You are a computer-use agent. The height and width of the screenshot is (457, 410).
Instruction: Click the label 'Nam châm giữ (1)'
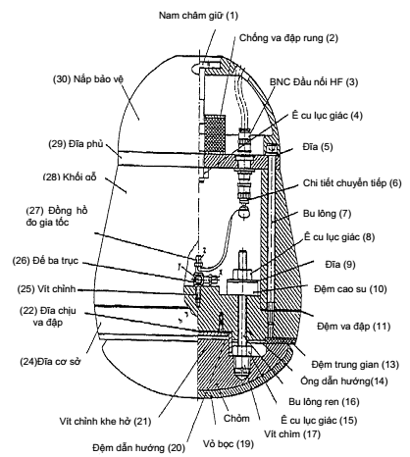click(x=198, y=16)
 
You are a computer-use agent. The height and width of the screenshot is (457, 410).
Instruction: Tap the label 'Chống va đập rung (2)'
click(x=288, y=38)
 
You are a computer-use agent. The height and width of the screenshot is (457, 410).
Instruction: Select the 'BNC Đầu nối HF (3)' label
click(x=314, y=81)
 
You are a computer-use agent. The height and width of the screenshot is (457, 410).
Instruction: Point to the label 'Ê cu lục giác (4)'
click(x=328, y=116)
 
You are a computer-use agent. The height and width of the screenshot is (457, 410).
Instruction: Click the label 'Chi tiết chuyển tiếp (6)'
click(x=352, y=183)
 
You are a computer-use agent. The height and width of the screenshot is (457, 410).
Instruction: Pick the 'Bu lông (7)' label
click(x=327, y=214)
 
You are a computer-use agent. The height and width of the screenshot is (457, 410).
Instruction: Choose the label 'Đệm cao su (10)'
click(x=350, y=289)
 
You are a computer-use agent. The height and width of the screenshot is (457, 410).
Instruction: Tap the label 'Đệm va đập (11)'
click(x=354, y=326)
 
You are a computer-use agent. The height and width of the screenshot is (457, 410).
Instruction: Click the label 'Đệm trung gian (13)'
click(x=355, y=364)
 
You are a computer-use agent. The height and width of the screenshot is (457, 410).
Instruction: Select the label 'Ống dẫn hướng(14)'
click(x=344, y=381)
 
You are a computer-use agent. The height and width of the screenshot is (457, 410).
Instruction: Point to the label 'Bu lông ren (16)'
click(x=324, y=401)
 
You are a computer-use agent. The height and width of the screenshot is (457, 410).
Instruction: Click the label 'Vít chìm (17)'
click(x=292, y=433)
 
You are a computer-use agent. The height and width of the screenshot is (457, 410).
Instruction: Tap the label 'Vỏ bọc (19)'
click(x=229, y=443)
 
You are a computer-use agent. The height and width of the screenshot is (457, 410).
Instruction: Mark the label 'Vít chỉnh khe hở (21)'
click(x=105, y=421)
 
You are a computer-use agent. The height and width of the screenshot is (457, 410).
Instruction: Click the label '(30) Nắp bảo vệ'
click(x=88, y=79)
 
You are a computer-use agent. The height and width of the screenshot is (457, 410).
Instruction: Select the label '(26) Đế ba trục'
click(x=45, y=261)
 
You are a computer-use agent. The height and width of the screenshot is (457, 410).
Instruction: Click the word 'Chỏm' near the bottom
click(x=236, y=418)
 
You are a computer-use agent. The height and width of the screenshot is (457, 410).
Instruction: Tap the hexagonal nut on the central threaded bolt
click(x=241, y=273)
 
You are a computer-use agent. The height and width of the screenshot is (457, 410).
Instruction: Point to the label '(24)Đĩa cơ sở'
click(x=50, y=362)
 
